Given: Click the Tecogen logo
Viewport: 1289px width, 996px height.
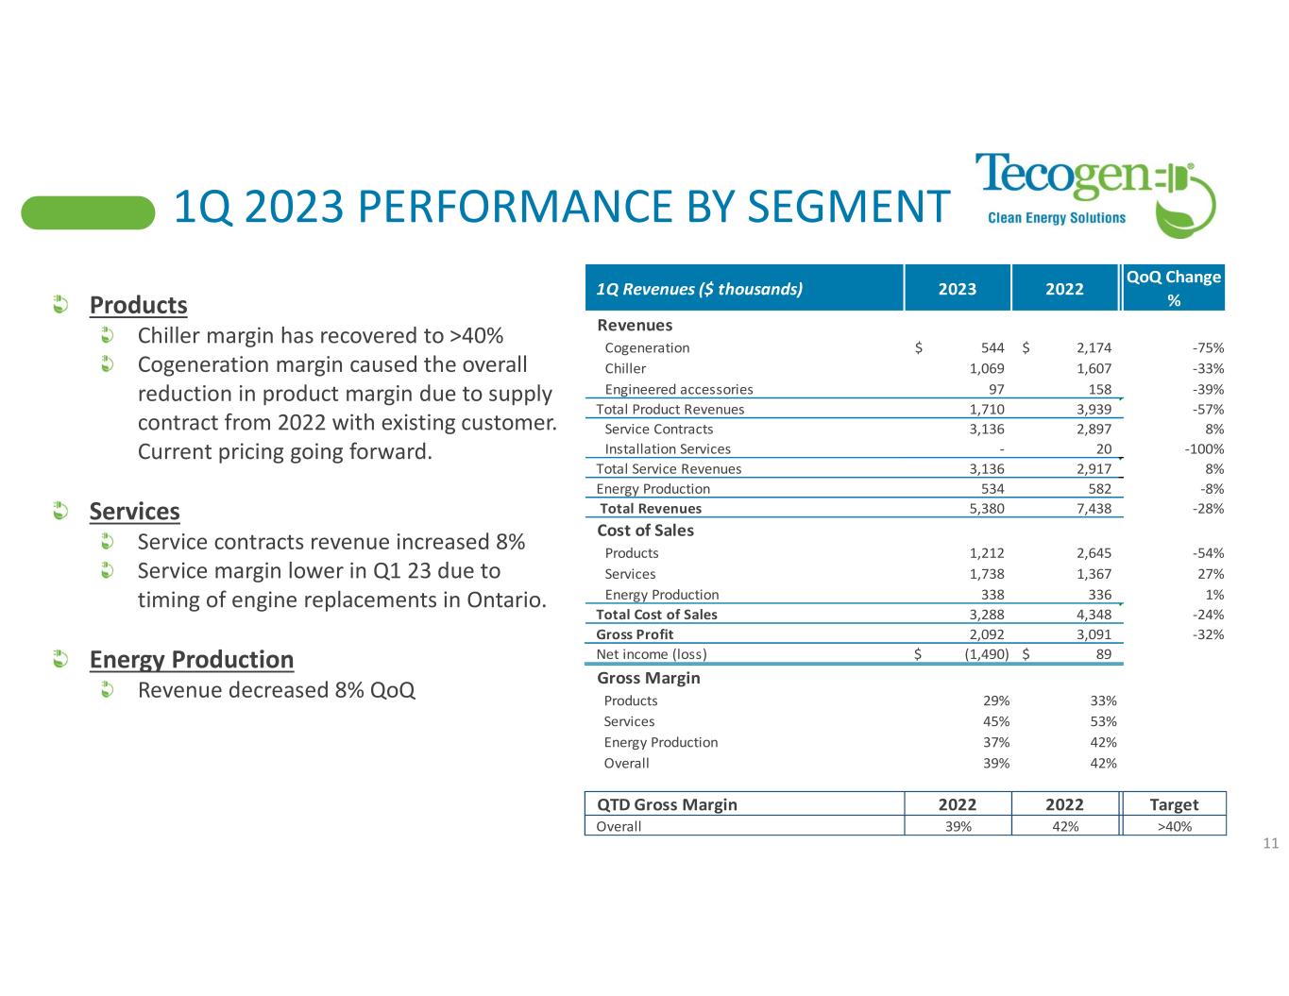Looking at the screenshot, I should coord(1094,193).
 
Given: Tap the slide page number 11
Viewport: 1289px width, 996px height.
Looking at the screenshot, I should coord(1270,843).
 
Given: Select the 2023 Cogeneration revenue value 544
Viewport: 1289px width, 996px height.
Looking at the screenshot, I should coord(992,347).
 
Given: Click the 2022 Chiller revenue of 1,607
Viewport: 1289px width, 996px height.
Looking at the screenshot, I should coord(1094,368).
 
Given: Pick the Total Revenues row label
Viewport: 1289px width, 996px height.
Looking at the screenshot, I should coord(651,509).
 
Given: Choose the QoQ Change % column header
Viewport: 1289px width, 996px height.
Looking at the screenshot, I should coord(1174,288).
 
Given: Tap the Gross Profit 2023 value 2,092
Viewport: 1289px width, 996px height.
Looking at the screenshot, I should coord(987,634).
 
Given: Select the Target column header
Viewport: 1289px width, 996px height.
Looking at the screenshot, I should coord(1174,804).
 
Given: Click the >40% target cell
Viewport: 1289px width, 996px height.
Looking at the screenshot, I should coord(1174,826).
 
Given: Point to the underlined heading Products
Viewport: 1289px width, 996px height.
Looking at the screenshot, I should coord(138,306).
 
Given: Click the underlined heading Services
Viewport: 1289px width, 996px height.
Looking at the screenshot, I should coord(134,512).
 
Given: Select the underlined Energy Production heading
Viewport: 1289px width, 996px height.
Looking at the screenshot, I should coord(192,659).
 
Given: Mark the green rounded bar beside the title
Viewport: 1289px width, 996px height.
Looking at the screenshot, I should coord(88,212).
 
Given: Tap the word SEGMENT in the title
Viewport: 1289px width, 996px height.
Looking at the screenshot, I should coord(847,208).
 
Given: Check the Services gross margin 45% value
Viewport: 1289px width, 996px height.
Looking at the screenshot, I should coord(996,721).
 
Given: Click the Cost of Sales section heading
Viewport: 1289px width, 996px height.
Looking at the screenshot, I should coord(646,531).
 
